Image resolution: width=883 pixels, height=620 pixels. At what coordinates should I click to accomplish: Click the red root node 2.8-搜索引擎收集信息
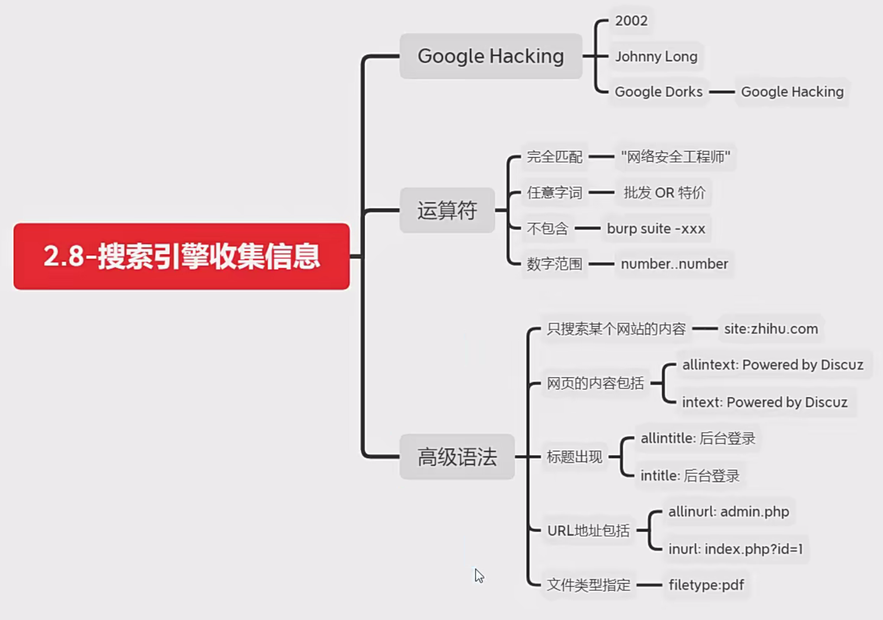(182, 256)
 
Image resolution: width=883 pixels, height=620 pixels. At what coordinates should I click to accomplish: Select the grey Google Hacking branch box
(491, 56)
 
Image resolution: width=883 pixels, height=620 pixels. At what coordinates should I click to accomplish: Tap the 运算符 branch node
(447, 210)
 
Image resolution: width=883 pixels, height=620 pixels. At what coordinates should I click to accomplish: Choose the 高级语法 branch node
(457, 457)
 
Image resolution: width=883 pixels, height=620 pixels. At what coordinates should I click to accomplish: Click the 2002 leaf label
(631, 21)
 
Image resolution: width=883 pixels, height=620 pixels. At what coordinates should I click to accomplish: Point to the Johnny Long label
(656, 56)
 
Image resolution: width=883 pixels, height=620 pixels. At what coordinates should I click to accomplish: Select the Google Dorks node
(658, 92)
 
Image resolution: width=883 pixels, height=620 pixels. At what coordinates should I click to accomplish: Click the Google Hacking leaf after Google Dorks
(792, 92)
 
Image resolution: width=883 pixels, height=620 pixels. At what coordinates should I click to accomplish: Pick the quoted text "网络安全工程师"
(675, 157)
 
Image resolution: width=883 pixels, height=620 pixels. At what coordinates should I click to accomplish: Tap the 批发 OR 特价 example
(664, 193)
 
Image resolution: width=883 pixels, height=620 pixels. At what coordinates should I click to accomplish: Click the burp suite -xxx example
(656, 228)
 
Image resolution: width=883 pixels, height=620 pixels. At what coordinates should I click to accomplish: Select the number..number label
(674, 264)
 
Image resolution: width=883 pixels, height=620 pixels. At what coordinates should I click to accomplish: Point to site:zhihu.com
(771, 329)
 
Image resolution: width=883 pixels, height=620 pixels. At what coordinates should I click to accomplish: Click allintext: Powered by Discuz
(773, 365)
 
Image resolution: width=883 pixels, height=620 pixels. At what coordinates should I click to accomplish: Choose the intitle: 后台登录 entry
(690, 475)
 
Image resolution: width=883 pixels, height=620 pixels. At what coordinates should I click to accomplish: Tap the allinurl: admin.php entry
(728, 511)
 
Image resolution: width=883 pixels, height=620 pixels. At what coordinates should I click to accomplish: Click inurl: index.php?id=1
(736, 549)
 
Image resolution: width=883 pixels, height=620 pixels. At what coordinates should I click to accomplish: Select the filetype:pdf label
(706, 585)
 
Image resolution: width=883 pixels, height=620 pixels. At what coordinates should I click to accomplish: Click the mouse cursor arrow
(478, 575)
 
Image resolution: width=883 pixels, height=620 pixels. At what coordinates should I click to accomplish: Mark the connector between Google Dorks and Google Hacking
(722, 92)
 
